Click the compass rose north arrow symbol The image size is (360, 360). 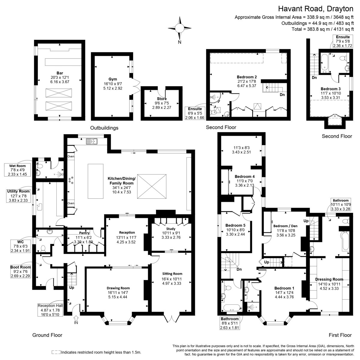point(179,28)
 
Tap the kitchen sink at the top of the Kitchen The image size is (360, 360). point(92,141)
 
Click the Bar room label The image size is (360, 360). point(60,73)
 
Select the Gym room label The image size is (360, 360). point(113,79)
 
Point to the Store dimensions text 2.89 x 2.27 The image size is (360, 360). point(162,107)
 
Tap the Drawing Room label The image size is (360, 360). point(118,288)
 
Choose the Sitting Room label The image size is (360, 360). point(172,274)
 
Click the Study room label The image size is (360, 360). point(171,229)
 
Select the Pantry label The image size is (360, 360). point(84,233)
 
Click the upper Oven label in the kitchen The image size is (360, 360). point(71,156)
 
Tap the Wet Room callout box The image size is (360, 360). point(17,170)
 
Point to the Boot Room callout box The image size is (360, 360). point(20,271)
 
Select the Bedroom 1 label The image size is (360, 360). point(283,288)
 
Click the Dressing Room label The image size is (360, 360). point(329,279)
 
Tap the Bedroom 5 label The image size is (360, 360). point(235,225)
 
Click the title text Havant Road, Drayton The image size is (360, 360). point(316,9)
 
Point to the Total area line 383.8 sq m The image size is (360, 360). point(322,29)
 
